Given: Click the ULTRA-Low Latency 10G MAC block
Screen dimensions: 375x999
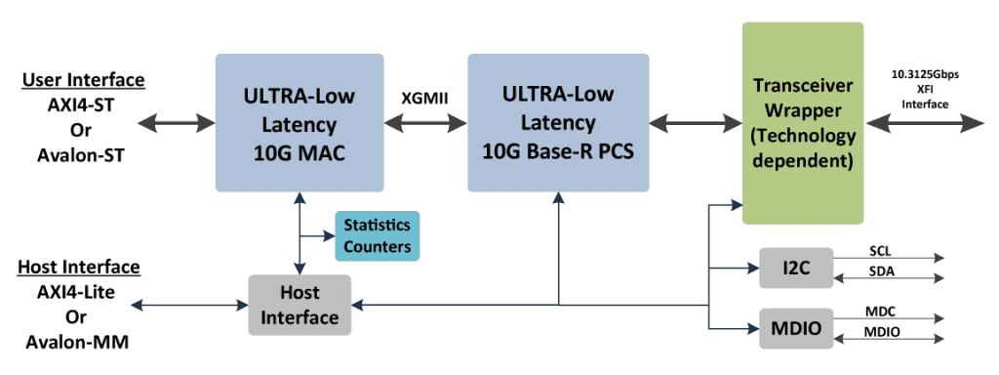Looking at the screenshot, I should pos(299,123).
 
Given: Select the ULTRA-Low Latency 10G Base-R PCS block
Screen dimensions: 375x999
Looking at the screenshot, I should pos(557,123).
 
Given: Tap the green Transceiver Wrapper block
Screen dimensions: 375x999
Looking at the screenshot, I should pos(803,123).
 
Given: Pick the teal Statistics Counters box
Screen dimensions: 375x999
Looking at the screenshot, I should pos(377,235).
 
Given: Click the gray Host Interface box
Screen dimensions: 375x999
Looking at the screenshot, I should pos(299,305).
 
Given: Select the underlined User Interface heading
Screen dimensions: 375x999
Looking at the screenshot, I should pos(83,79).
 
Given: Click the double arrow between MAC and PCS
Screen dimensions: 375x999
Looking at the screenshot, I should pos(425,123).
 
